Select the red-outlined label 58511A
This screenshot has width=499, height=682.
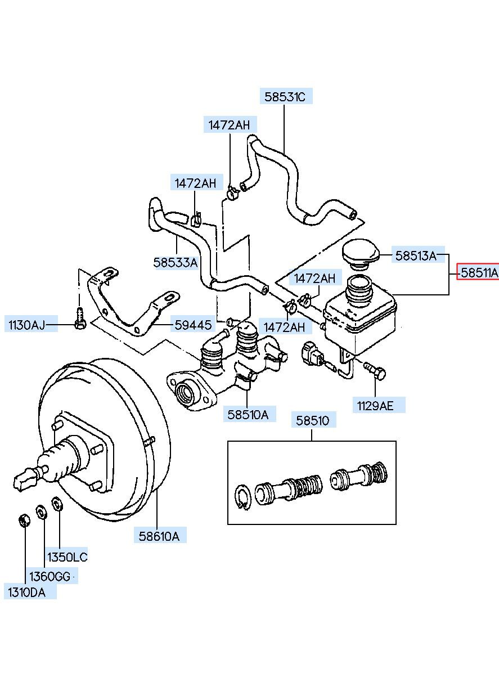[x=478, y=272]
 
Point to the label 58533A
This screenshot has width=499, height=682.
[x=176, y=262]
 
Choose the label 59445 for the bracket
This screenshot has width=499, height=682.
[x=193, y=325]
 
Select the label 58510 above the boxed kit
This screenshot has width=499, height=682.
[x=313, y=420]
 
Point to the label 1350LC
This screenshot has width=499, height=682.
[x=68, y=557]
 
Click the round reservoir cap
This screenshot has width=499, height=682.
[x=361, y=255]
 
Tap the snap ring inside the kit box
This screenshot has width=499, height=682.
[x=243, y=497]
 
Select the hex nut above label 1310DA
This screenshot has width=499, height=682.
[x=24, y=521]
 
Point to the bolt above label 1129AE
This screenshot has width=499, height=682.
[x=375, y=370]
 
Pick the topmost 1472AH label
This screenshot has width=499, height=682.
[x=230, y=125]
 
